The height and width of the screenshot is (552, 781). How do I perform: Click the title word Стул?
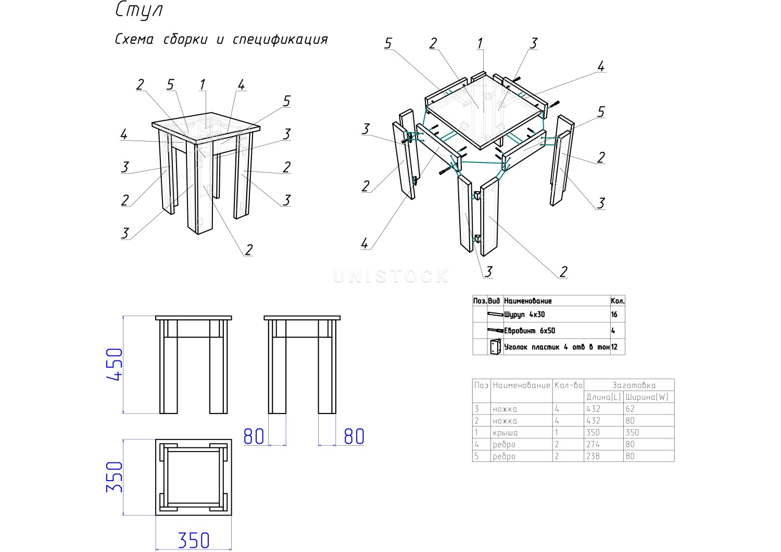click(139, 11)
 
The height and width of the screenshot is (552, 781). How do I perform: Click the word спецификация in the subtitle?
click(280, 40)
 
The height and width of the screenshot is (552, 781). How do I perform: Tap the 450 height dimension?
click(115, 365)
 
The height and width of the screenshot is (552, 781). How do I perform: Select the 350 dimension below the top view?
click(193, 540)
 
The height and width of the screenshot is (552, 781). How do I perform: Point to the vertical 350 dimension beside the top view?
click(115, 477)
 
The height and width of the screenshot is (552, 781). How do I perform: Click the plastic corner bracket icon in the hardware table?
click(495, 347)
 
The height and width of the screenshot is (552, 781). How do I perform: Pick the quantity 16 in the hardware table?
click(614, 315)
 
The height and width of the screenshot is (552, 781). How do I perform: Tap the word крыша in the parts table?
click(505, 433)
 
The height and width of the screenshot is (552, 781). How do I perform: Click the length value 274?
click(593, 445)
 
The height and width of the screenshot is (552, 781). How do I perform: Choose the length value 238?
click(593, 457)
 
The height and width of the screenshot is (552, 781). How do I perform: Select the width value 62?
click(630, 409)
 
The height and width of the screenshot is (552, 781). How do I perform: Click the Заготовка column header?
click(634, 385)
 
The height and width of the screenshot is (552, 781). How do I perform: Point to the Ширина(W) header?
click(647, 397)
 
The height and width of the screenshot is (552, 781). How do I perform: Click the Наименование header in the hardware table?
click(528, 301)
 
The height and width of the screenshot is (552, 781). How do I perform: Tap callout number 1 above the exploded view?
click(480, 44)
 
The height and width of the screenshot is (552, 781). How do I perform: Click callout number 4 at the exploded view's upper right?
click(601, 67)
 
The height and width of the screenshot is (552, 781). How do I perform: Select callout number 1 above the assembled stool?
click(203, 84)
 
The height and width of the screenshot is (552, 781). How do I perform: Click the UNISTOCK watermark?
click(391, 276)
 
